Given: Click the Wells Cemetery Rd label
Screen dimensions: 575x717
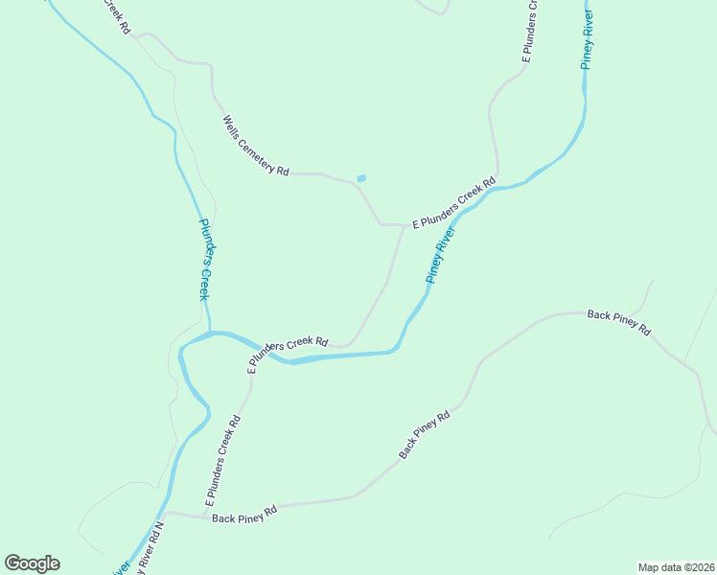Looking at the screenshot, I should [x=256, y=147].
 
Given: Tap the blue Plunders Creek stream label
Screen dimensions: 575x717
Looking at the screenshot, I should [x=204, y=260].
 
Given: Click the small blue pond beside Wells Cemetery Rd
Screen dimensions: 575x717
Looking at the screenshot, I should [x=361, y=177].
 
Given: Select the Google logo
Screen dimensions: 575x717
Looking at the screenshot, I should [x=32, y=563].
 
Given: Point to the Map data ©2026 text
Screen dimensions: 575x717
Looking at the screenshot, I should [x=676, y=567].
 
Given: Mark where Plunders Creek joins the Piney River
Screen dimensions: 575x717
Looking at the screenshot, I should [x=211, y=333].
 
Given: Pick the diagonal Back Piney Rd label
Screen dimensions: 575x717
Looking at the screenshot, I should [x=424, y=435].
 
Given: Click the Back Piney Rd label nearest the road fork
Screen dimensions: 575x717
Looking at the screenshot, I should [x=618, y=322].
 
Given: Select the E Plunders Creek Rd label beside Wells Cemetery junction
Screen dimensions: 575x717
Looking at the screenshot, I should [x=453, y=202].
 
